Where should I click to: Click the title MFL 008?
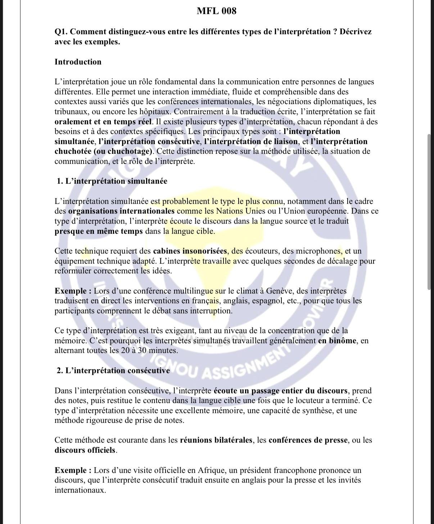(217, 11)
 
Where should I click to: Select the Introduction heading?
(78, 62)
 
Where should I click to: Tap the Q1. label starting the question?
(61, 32)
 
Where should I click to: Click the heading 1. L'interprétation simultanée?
(112, 181)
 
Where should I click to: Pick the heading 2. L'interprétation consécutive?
(113, 371)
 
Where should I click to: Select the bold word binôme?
(337, 341)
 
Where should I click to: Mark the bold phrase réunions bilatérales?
(216, 440)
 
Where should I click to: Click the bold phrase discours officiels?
(85, 450)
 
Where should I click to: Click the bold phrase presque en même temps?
(99, 231)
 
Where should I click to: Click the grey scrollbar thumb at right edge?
(429, 212)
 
